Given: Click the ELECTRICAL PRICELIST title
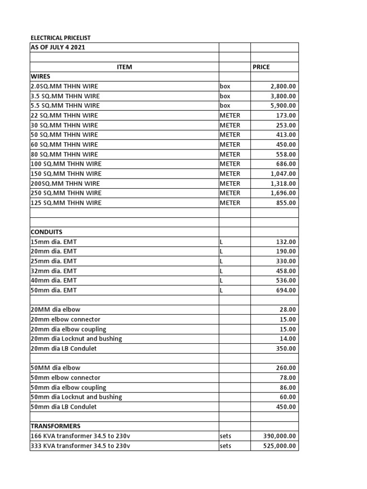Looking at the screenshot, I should (x=60, y=38).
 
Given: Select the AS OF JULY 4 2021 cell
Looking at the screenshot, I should (x=58, y=48).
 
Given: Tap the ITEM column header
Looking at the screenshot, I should (x=124, y=67).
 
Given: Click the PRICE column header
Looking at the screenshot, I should (x=261, y=67).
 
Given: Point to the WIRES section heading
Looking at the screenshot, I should (x=41, y=76).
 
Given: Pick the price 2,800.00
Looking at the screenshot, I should (x=283, y=86).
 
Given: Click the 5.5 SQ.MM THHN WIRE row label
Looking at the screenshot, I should (x=65, y=106).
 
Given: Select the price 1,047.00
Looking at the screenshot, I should (x=283, y=174).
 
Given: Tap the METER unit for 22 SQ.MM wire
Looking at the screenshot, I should (x=230, y=116).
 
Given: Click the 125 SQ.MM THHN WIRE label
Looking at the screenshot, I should (x=66, y=203).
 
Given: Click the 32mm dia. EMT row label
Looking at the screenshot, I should (x=54, y=271).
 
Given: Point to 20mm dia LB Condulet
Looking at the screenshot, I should (x=64, y=349).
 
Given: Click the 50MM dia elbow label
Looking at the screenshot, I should (x=55, y=368).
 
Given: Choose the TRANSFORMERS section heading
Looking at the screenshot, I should (x=55, y=426).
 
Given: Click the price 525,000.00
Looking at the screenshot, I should (x=280, y=446).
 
